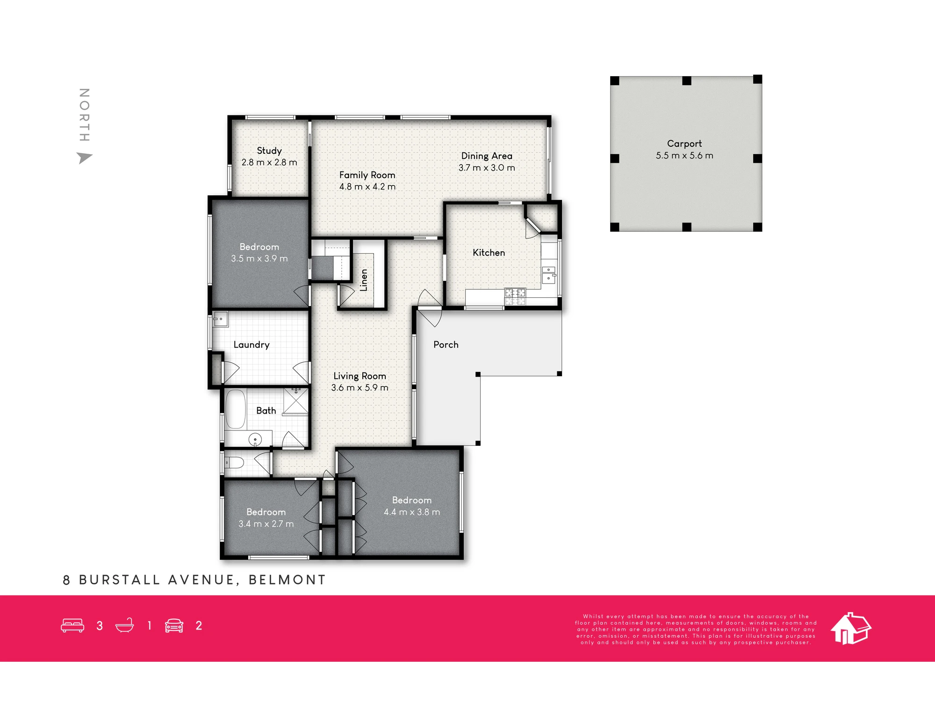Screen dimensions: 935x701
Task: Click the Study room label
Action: point(269,151)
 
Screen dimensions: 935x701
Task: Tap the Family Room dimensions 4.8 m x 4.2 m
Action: point(367,186)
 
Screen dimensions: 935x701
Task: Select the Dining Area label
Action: point(487,156)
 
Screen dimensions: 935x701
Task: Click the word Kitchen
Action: point(489,252)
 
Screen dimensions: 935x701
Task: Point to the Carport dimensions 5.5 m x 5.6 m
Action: point(684,156)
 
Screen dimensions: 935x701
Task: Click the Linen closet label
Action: point(364,280)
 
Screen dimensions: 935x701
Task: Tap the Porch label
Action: point(446,344)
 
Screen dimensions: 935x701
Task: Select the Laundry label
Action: point(252,345)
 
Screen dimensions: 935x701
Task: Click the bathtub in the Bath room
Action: point(236,409)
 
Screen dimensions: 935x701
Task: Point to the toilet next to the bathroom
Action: point(234,463)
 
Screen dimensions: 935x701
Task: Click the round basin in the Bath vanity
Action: point(255,439)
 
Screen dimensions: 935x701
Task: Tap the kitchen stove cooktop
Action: point(515,297)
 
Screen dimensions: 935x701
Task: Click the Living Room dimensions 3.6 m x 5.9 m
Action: point(360,388)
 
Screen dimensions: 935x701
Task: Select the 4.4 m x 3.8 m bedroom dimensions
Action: point(412,512)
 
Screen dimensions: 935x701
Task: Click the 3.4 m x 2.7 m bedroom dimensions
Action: point(266,524)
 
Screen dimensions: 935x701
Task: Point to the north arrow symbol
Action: point(84,158)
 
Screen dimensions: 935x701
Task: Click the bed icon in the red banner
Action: point(72,626)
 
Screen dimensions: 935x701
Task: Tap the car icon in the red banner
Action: point(174,626)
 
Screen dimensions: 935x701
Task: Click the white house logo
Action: point(850,629)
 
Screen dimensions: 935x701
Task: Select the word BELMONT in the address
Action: point(287,580)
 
